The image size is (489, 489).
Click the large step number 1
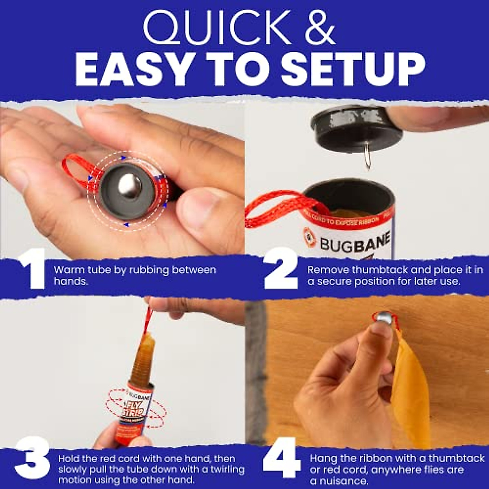pos(32,269)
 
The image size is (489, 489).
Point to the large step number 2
pos(281,269)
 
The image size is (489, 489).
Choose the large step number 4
pos(282,457)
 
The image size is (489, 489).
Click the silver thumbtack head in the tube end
pos(129,186)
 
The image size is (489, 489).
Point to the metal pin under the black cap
pos(367,160)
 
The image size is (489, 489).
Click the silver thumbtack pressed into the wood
pos(385,318)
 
